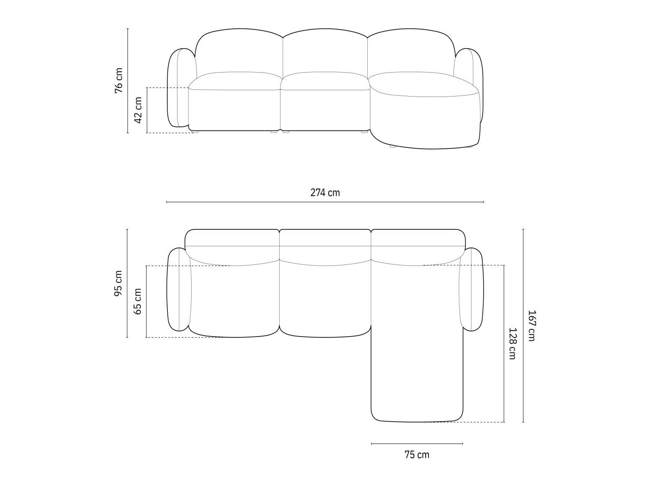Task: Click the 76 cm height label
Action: click(x=119, y=81)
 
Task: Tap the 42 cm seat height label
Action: click(x=138, y=111)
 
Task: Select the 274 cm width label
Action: click(x=325, y=193)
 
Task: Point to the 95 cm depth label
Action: click(x=119, y=283)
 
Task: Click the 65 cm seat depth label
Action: click(x=138, y=301)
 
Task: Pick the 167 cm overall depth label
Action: click(x=531, y=325)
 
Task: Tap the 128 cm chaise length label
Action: click(x=512, y=343)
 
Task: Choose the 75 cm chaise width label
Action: click(x=416, y=455)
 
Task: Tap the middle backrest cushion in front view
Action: click(x=325, y=53)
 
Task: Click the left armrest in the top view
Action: click(x=178, y=290)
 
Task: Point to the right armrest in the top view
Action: click(x=472, y=290)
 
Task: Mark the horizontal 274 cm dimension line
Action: click(x=325, y=202)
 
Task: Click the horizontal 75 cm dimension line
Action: click(x=416, y=443)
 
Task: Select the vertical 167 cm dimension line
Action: click(x=523, y=325)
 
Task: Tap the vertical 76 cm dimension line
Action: click(x=127, y=81)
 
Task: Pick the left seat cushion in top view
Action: click(x=235, y=301)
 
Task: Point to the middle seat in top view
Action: click(x=325, y=301)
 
